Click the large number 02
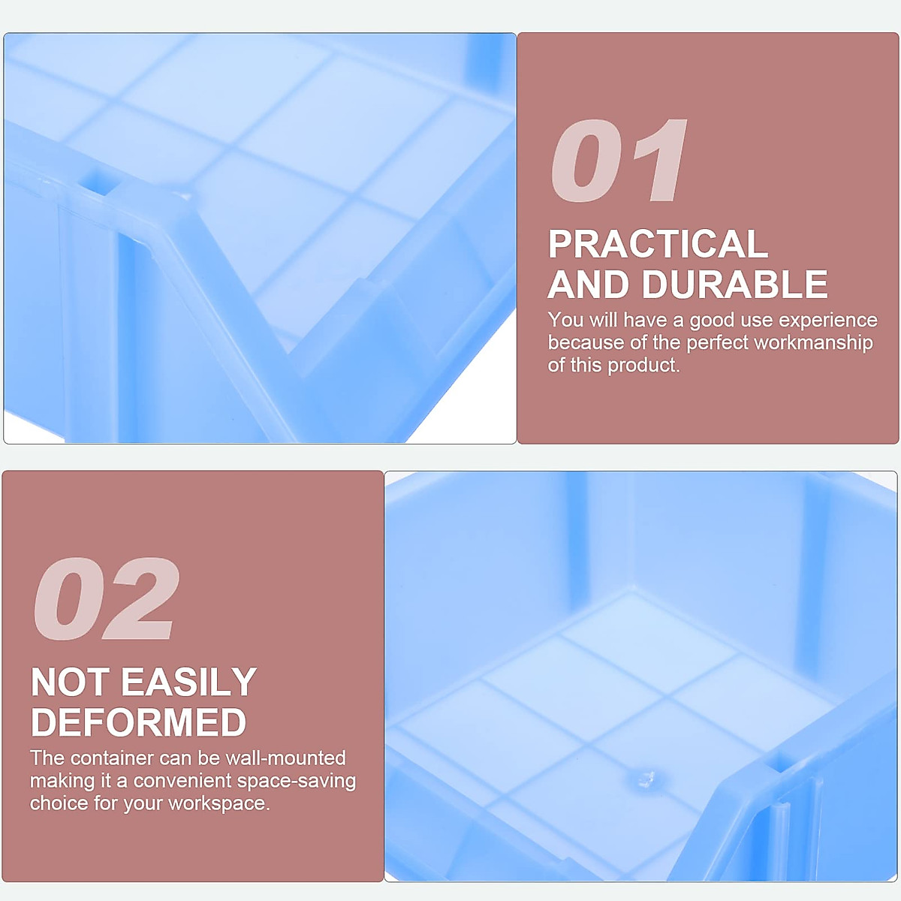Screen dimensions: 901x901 click(x=106, y=599)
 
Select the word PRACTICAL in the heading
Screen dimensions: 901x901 click(x=658, y=244)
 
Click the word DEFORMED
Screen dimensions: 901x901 click(x=139, y=722)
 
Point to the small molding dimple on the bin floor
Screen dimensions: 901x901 click(x=645, y=779)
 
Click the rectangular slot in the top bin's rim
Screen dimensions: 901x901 click(x=96, y=182)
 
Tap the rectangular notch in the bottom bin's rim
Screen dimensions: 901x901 click(x=782, y=764)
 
